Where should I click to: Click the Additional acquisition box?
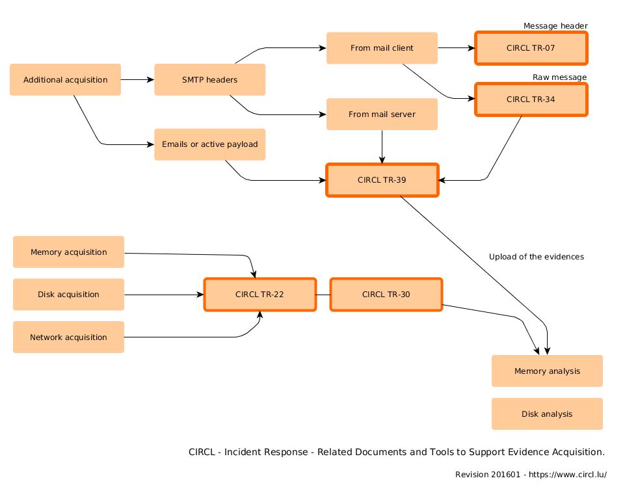[x=65, y=80]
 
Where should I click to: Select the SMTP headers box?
[x=209, y=80]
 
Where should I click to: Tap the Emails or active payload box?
[x=209, y=144]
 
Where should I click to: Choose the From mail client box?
[x=382, y=48]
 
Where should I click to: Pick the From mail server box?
[x=382, y=114]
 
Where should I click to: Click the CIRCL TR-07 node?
[x=531, y=48]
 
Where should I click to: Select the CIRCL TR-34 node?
[x=531, y=99]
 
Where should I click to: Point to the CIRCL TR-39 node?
[x=382, y=180]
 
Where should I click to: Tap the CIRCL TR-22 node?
[x=259, y=295]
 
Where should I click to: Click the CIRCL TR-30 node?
[x=386, y=295]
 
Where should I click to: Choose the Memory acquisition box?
[x=68, y=252]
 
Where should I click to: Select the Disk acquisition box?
[x=68, y=295]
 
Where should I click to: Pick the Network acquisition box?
[x=68, y=337]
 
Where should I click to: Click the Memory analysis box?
[x=547, y=371]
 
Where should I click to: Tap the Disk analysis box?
[x=547, y=414]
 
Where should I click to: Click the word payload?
[x=242, y=144]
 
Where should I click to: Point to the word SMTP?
[x=193, y=80]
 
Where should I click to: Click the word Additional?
[x=42, y=80]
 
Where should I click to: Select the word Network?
[x=46, y=337]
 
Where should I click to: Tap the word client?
[x=403, y=48]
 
